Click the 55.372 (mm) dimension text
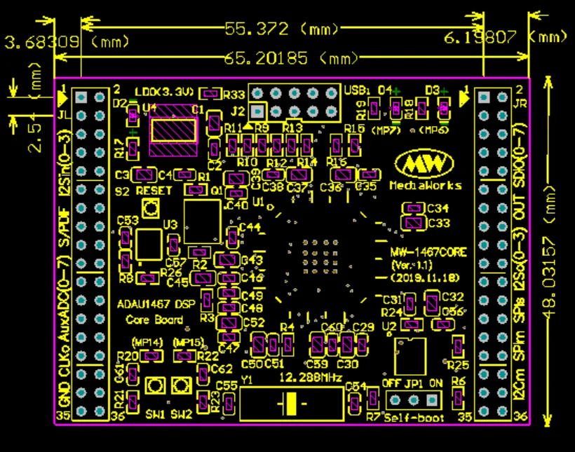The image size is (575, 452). coord(280,29)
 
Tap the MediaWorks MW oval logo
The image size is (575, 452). coord(428,164)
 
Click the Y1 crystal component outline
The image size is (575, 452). coord(290,404)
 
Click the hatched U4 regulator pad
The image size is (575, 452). coord(174,130)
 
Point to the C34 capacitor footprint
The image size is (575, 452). coord(414,208)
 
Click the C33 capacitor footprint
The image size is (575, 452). coord(414,223)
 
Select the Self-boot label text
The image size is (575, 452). coord(414,418)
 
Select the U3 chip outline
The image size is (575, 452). coord(149,244)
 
